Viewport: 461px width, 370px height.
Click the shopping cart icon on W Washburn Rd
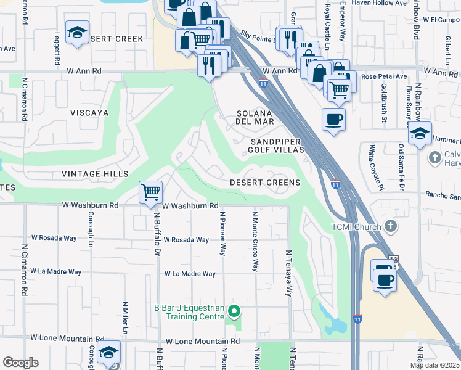[150, 192]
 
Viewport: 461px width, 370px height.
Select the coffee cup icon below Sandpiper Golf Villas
[333, 119]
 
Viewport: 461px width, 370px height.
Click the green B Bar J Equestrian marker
[233, 309]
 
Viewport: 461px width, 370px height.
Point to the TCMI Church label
[353, 226]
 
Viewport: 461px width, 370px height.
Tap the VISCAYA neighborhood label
[89, 113]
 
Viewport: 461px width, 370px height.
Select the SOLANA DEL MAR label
[255, 117]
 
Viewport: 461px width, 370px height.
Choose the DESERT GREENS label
[265, 183]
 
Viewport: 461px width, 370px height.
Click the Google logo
[20, 363]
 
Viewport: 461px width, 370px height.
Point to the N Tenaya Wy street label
[288, 273]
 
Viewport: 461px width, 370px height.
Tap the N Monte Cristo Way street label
[255, 241]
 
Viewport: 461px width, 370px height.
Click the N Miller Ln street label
[125, 318]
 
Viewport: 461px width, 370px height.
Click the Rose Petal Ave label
[385, 76]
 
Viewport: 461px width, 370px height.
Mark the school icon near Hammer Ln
[419, 134]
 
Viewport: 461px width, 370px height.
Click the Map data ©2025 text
[435, 365]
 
